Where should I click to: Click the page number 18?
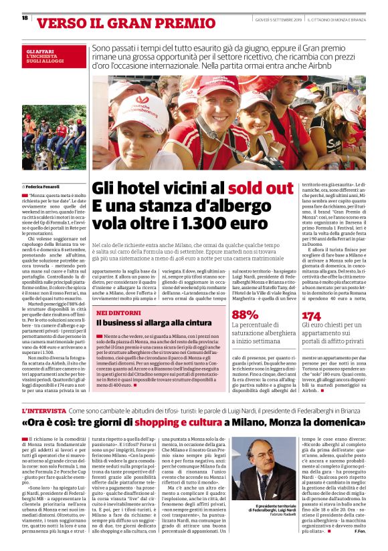(24, 18)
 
